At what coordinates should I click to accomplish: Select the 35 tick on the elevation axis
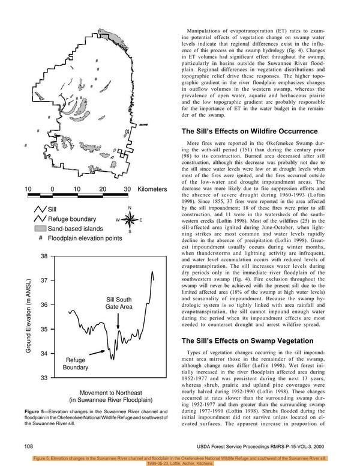pos(44,330)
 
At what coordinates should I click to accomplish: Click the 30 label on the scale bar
pos(127,189)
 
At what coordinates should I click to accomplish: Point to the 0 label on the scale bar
pos(53,189)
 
